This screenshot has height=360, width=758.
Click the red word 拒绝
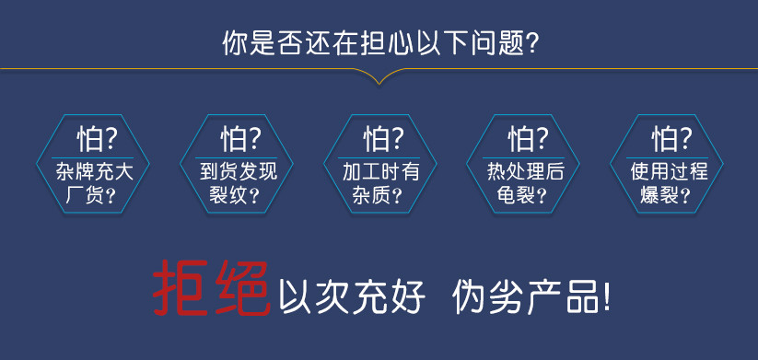[x=211, y=288]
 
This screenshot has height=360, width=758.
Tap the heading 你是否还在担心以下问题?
[x=380, y=44]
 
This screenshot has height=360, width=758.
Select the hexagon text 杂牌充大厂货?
[x=93, y=183]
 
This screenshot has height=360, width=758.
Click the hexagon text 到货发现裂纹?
[x=237, y=183]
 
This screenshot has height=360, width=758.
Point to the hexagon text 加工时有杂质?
[x=380, y=183]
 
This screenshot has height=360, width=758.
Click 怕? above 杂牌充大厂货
[x=97, y=139]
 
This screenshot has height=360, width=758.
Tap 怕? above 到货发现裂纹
[x=240, y=139]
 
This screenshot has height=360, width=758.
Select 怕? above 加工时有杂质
[x=383, y=139]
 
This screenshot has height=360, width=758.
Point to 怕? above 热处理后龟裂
[x=528, y=139]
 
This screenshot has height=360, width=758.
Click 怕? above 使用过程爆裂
[x=671, y=139]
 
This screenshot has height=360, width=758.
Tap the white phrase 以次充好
[x=352, y=296]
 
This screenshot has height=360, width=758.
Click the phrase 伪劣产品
[x=524, y=296]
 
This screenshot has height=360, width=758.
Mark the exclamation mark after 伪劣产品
[x=606, y=296]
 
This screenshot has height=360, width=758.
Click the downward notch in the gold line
[x=379, y=83]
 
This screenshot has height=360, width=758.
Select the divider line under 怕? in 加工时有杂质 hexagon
[x=380, y=157]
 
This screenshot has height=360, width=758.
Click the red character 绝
[x=241, y=288]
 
